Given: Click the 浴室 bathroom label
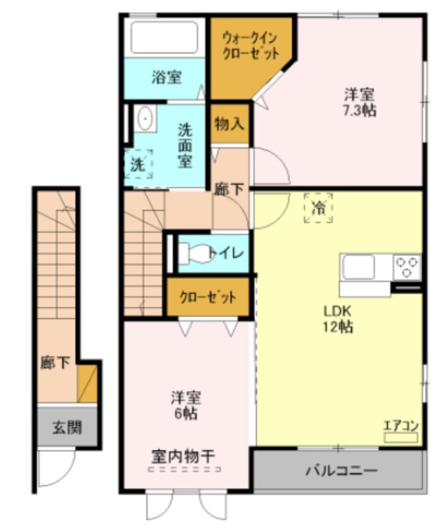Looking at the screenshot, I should coord(166,78).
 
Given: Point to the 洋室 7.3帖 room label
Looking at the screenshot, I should coord(360,100).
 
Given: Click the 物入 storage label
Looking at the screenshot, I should coord(229,124).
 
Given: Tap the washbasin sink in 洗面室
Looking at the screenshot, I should coord(146,120).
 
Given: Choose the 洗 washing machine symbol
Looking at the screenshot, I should coord(138,163).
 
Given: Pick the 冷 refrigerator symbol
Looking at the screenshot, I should coord(318,208).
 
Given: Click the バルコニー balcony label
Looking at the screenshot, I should coord(335,471).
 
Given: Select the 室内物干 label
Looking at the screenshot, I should coord(183,455).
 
